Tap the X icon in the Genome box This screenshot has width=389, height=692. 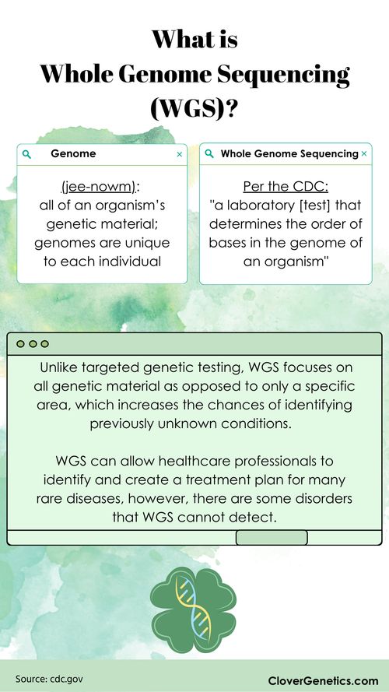click(180, 154)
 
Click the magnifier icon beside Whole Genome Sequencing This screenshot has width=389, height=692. click(209, 154)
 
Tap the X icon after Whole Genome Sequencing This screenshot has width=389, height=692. click(363, 154)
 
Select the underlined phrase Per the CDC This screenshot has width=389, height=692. click(280, 188)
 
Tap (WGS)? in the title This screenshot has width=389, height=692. click(194, 110)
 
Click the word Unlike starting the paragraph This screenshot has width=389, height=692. click(58, 367)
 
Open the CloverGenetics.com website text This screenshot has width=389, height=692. click(323, 680)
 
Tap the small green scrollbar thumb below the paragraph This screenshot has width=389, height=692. click(271, 537)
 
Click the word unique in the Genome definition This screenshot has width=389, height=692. click(147, 243)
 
